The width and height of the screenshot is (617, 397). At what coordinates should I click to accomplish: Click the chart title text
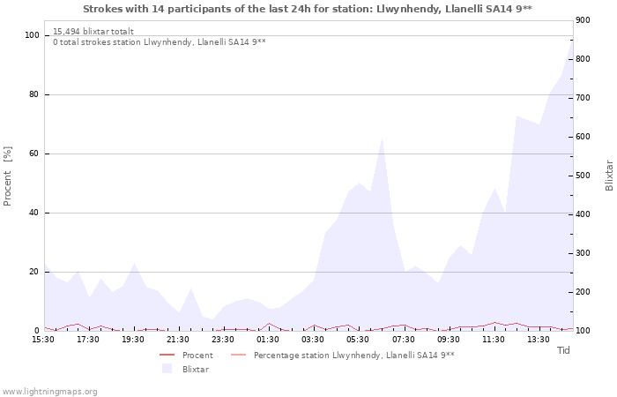pos(308,8)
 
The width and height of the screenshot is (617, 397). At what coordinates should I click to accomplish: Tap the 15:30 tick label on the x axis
pos(43,340)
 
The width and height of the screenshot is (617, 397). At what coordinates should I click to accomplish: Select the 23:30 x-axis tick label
pos(223,340)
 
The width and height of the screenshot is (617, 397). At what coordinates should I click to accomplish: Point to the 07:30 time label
pos(403,340)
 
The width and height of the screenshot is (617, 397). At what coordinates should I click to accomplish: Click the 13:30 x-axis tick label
pos(538,340)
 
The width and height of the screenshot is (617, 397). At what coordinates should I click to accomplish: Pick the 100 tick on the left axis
pos(33,35)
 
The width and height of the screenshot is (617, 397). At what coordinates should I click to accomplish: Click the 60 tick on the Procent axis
pos(35,154)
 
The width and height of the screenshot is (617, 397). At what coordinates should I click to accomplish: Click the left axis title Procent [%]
pos(8,176)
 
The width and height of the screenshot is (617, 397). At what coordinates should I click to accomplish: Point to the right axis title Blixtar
pos(609,176)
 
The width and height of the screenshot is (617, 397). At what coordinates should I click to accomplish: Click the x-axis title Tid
pos(563,350)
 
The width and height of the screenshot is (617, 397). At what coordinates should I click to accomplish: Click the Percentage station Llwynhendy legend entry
pos(353,356)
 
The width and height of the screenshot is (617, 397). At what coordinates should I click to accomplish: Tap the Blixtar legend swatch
pos(167,369)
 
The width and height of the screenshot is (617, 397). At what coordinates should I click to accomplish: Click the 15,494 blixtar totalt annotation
pos(93,31)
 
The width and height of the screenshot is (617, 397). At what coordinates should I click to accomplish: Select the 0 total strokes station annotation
pos(159,41)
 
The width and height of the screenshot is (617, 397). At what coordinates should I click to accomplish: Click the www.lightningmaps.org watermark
pos(50,392)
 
